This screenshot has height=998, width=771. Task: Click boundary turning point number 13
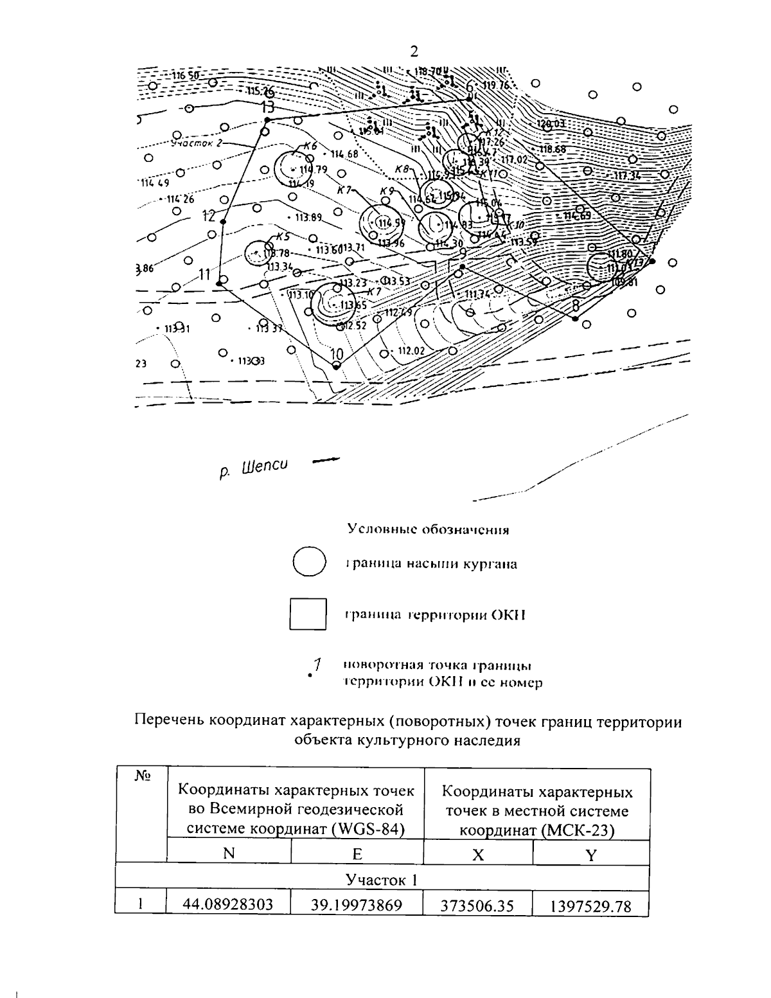tap(268, 120)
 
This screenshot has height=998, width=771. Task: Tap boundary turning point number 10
tap(336, 365)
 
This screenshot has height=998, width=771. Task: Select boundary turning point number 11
tap(219, 283)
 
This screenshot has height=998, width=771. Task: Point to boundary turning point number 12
tap(223, 222)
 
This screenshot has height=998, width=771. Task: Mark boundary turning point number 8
tap(575, 318)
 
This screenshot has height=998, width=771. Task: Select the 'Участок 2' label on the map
tap(197, 143)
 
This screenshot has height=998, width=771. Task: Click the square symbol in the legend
tap(308, 614)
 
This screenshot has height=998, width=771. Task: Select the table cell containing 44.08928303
tap(228, 905)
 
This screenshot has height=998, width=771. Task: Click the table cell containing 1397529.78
tap(590, 906)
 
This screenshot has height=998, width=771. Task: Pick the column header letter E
tap(357, 854)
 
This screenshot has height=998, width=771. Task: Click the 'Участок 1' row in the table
tap(382, 879)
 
